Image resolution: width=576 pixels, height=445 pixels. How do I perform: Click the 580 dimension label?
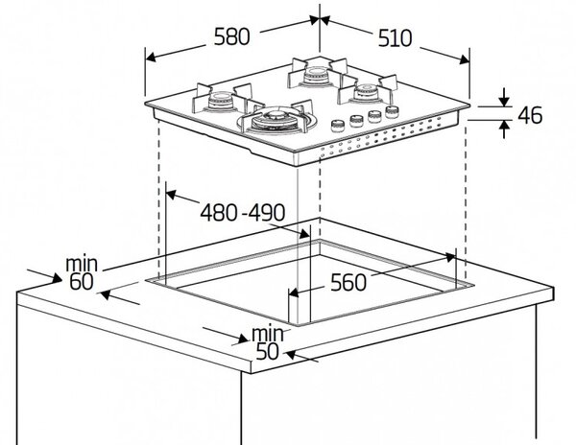coord(231,37)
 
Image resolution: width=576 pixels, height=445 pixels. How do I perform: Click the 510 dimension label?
coord(396,38)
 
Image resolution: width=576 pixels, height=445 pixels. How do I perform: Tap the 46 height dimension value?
coord(530,115)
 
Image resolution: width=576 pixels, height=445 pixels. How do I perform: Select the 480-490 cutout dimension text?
coord(243,212)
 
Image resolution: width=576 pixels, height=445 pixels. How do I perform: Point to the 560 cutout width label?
coord(348,283)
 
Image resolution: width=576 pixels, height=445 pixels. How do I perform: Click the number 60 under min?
coord(82,282)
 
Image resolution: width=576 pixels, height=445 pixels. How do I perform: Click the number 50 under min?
coord(267,351)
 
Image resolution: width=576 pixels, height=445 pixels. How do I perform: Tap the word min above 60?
coord(82,264)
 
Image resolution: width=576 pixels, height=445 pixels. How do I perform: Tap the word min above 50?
coord(268,334)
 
